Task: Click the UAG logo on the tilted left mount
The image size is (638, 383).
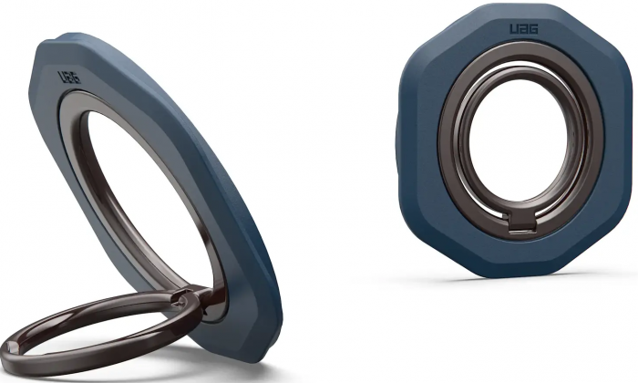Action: point(69,78)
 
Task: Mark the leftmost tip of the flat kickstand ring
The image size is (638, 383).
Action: point(5,352)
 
